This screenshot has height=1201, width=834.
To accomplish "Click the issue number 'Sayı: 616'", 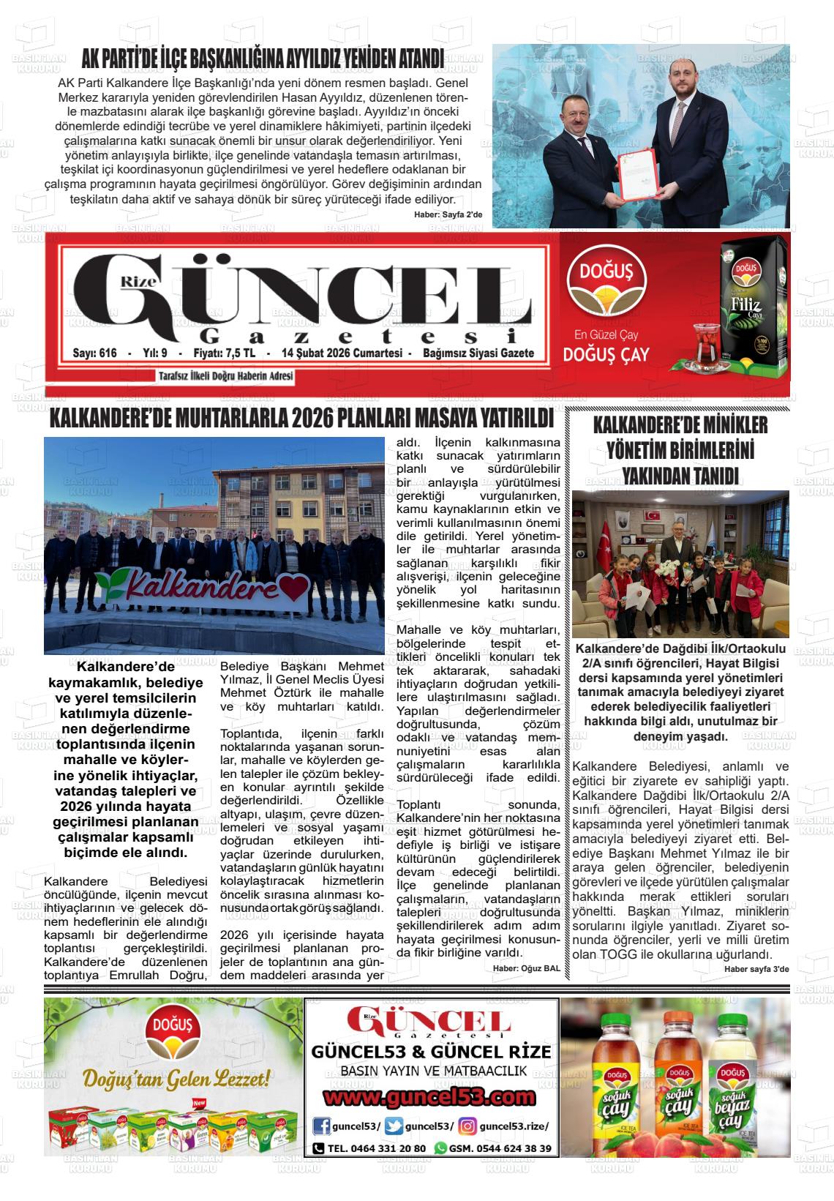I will [95, 353].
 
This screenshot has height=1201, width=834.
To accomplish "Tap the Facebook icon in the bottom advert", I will [320, 1126].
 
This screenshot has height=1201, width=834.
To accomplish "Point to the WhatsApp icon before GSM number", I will [440, 1148].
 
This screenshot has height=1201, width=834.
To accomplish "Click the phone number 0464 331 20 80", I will [377, 1148].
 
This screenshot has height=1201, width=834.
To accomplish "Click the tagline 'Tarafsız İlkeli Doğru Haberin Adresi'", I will [225, 376].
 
